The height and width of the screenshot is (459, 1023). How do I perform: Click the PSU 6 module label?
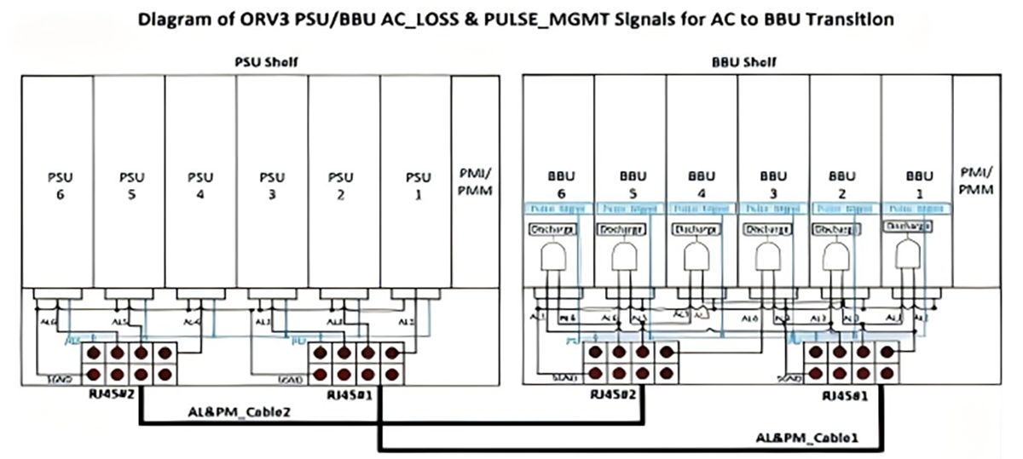(57, 186)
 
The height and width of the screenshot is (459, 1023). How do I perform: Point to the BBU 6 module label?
(559, 186)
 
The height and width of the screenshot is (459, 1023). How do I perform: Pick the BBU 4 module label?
(702, 186)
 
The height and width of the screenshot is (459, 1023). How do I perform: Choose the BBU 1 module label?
(916, 186)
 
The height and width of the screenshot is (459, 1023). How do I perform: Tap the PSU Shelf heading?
(265, 62)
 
